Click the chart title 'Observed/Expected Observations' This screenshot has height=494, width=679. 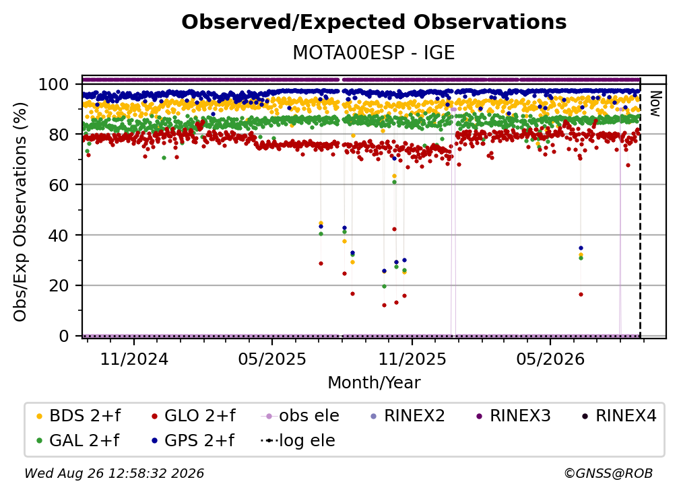tap(374, 22)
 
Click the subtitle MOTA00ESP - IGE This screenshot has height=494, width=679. tap(374, 52)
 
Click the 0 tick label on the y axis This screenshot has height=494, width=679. tap(64, 336)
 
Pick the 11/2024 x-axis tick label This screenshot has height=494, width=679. tap(134, 359)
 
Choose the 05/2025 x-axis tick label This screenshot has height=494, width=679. tap(272, 359)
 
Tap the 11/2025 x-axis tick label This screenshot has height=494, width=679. tap(412, 359)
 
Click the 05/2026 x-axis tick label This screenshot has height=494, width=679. tap(550, 359)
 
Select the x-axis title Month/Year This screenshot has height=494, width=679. tap(374, 383)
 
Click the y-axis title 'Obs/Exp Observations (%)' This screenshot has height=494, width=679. tap(20, 211)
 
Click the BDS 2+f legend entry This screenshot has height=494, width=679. tap(78, 416)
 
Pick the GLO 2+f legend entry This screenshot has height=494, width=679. tap(193, 416)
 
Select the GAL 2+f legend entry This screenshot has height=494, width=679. tap(78, 440)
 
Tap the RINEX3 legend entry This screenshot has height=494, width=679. tap(513, 416)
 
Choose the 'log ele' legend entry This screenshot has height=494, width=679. tap(298, 440)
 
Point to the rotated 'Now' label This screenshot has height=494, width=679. tap(655, 104)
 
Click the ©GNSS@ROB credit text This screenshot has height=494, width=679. tap(608, 473)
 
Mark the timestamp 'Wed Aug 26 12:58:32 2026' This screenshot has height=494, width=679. tap(115, 473)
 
